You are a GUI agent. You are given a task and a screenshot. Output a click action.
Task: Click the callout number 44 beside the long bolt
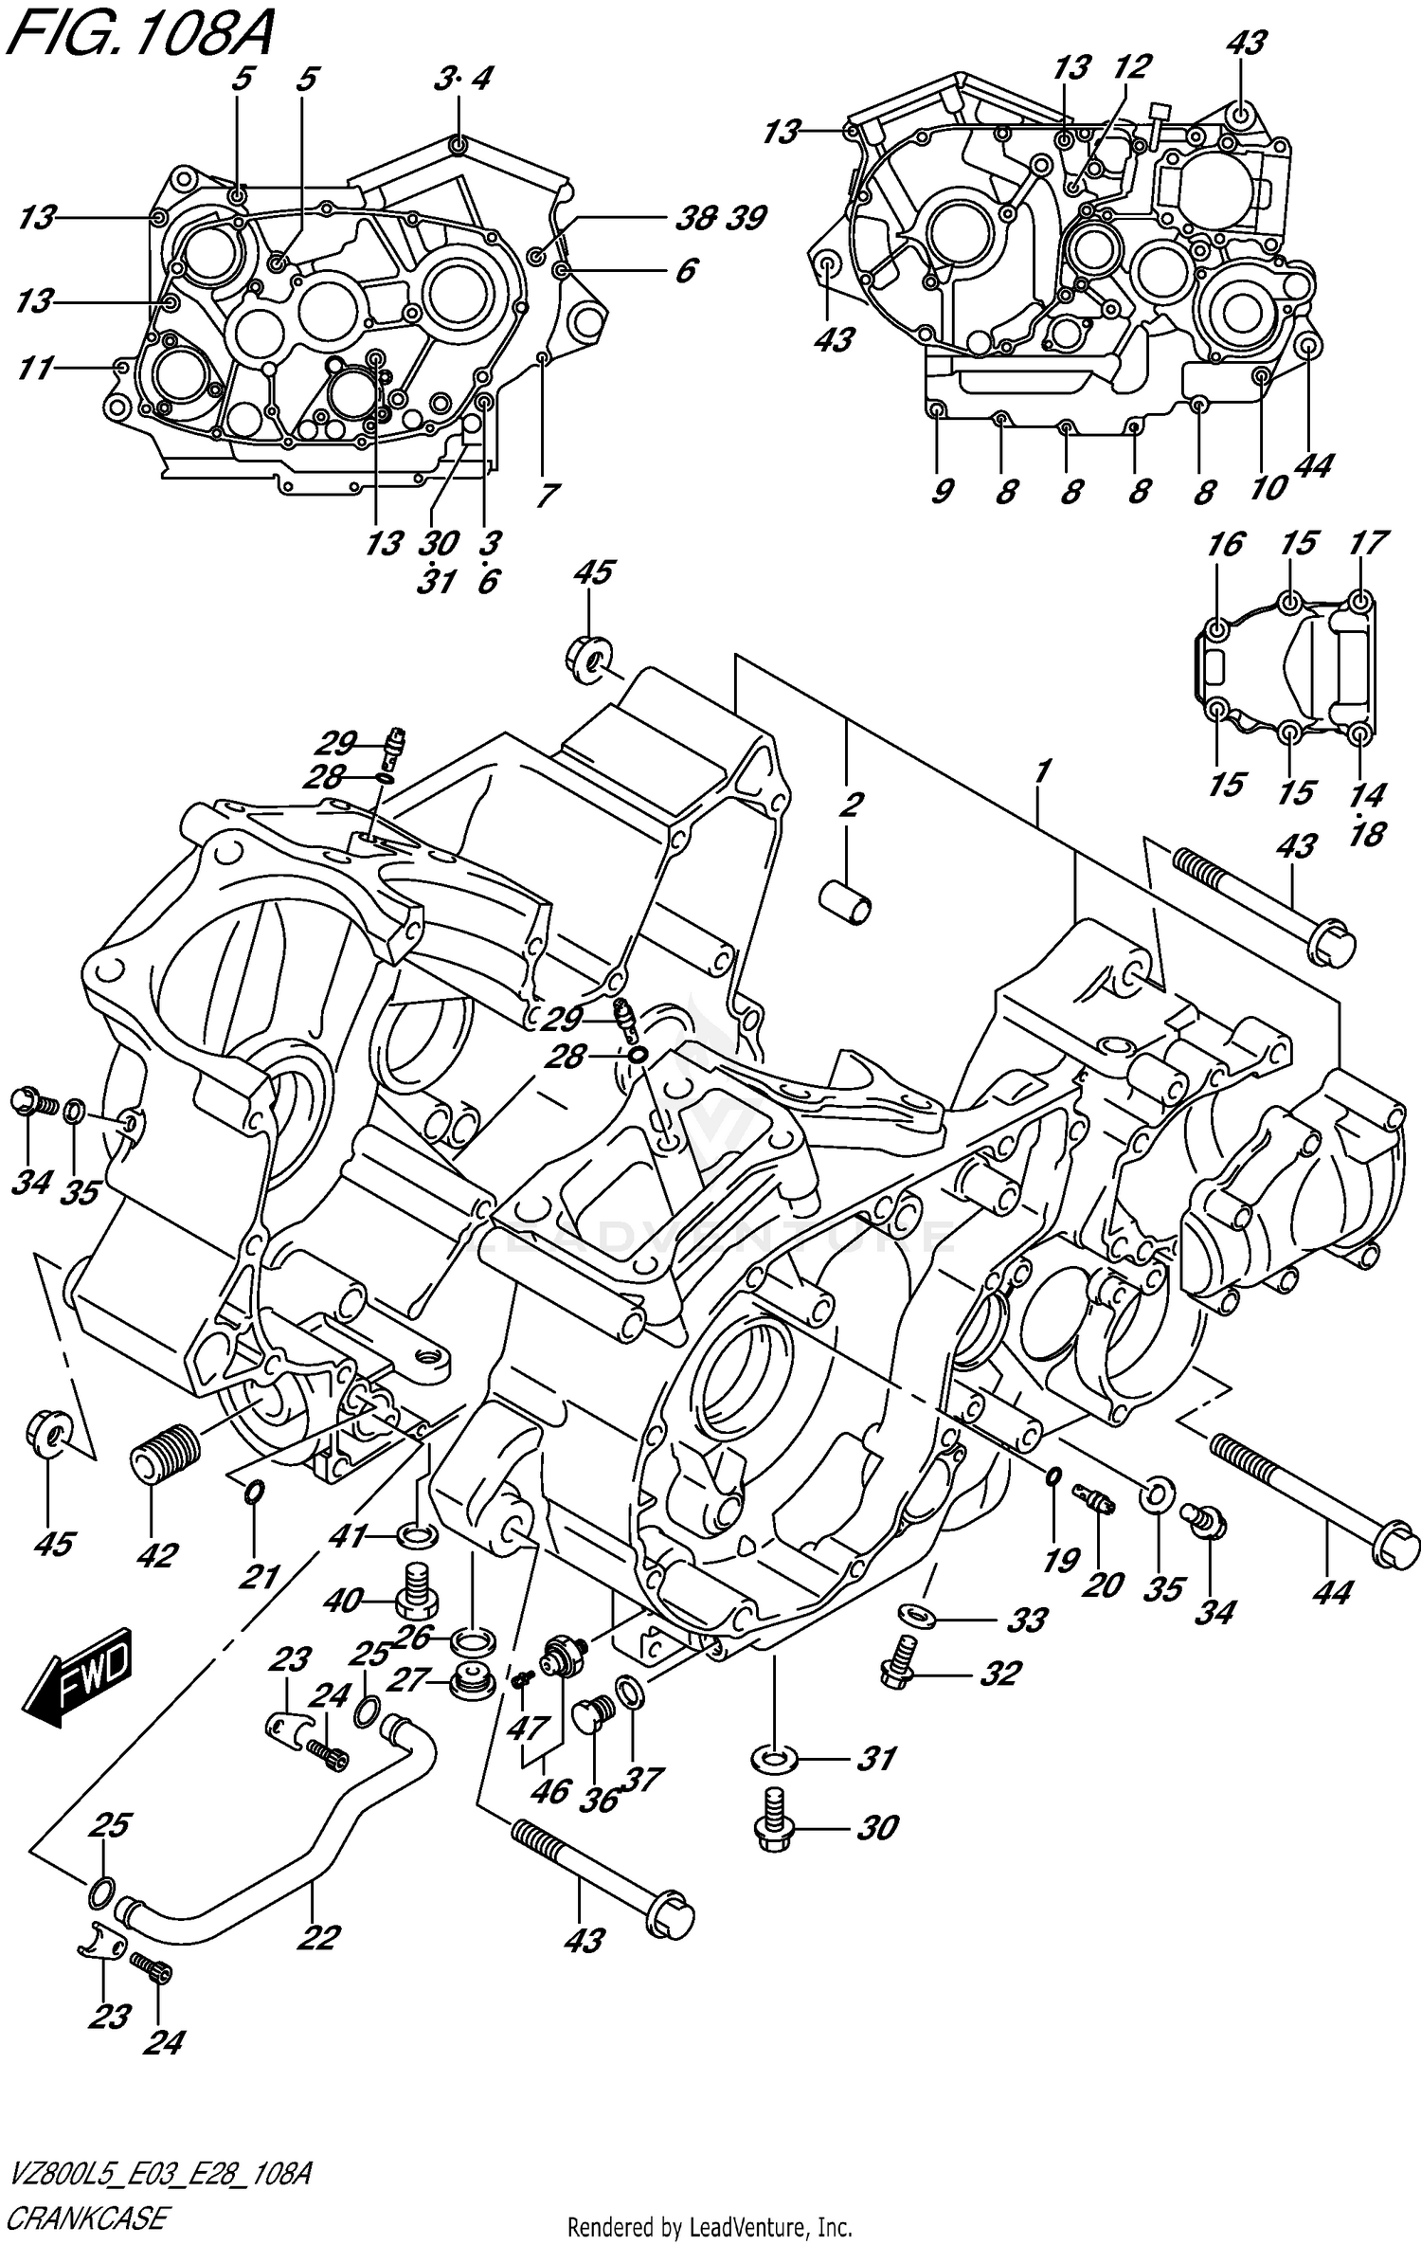[1330, 1593]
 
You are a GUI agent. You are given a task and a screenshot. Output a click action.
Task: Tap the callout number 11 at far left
[36, 368]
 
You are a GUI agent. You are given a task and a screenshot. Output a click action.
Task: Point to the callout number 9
[942, 492]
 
